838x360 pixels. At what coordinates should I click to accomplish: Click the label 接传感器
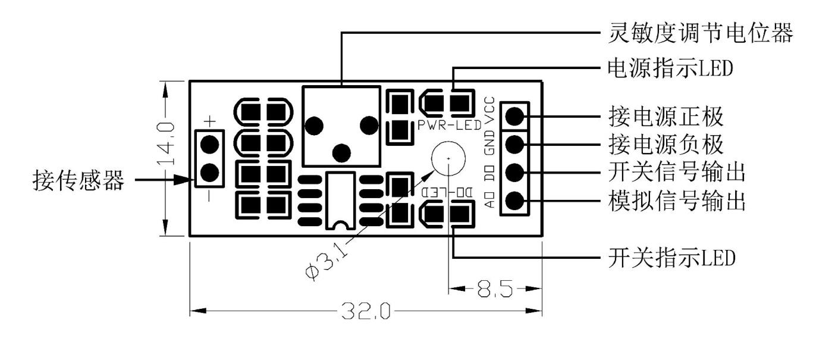tap(78, 180)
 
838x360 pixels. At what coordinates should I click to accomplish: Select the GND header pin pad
tap(515, 143)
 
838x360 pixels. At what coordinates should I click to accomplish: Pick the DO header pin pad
tap(515, 173)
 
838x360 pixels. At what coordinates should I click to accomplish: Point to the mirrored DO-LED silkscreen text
tap(447, 193)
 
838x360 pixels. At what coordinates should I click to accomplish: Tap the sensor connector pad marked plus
tap(209, 143)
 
